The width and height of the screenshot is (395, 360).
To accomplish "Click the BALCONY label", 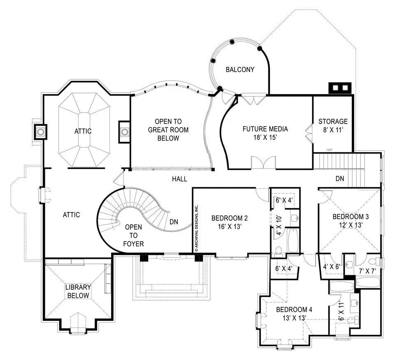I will pos(240,69).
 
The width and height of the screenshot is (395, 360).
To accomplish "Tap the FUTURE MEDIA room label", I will pos(265,129).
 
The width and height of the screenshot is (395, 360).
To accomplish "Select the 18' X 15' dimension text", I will pos(265,138).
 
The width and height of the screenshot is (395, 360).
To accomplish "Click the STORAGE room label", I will pos(333,122).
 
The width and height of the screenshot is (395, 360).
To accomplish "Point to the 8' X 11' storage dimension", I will pos(333,131).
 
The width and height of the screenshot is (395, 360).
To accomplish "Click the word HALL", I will pos(179,179).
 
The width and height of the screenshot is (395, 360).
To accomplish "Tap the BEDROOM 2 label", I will pos(229,218).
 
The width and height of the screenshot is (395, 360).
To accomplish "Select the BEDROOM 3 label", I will pos(351,217).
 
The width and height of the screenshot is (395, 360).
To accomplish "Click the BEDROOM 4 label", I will pos(294,309).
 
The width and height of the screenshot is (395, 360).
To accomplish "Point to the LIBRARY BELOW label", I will pos(78,291).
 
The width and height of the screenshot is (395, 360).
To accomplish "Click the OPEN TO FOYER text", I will pos(134,235).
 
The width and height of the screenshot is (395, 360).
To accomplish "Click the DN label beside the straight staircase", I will pos(340,179).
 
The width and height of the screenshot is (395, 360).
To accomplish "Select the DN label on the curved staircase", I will pos(174,222).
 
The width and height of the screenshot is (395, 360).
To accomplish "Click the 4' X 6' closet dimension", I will pos(331,266).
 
